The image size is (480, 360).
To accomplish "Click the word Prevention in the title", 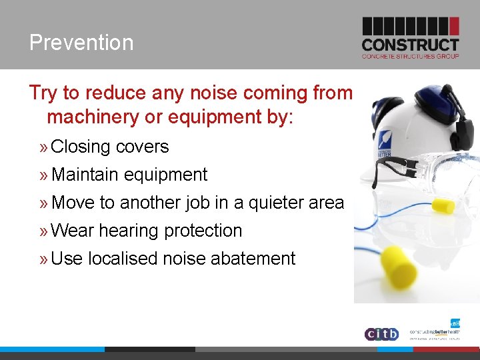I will click(x=81, y=43).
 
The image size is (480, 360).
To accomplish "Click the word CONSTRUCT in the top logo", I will click(x=410, y=45).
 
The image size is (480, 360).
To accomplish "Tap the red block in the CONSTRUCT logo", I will click(x=454, y=26).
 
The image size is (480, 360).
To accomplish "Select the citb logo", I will click(x=381, y=333).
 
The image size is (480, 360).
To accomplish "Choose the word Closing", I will click(x=81, y=147).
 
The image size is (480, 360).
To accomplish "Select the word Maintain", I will click(x=83, y=175).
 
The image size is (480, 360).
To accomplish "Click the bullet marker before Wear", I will click(x=43, y=231).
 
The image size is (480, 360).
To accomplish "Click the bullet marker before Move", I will click(x=43, y=203).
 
